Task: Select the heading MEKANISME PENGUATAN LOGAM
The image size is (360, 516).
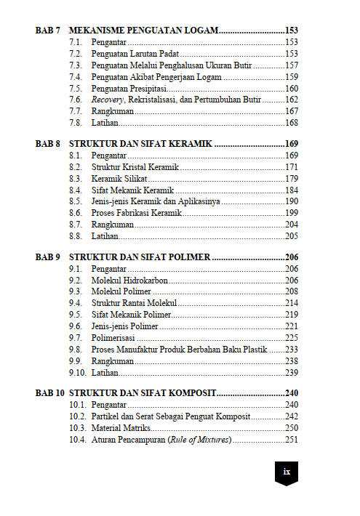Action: (143, 31)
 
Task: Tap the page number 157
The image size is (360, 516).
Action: (292, 65)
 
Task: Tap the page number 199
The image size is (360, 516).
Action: (292, 212)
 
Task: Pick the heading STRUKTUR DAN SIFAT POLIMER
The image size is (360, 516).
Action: (140, 257)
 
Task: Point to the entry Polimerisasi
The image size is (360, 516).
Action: (114, 338)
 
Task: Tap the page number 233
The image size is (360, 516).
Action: (292, 350)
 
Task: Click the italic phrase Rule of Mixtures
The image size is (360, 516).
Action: (199, 440)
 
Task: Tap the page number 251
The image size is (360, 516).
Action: (292, 440)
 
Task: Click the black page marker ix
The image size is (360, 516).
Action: (287, 471)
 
